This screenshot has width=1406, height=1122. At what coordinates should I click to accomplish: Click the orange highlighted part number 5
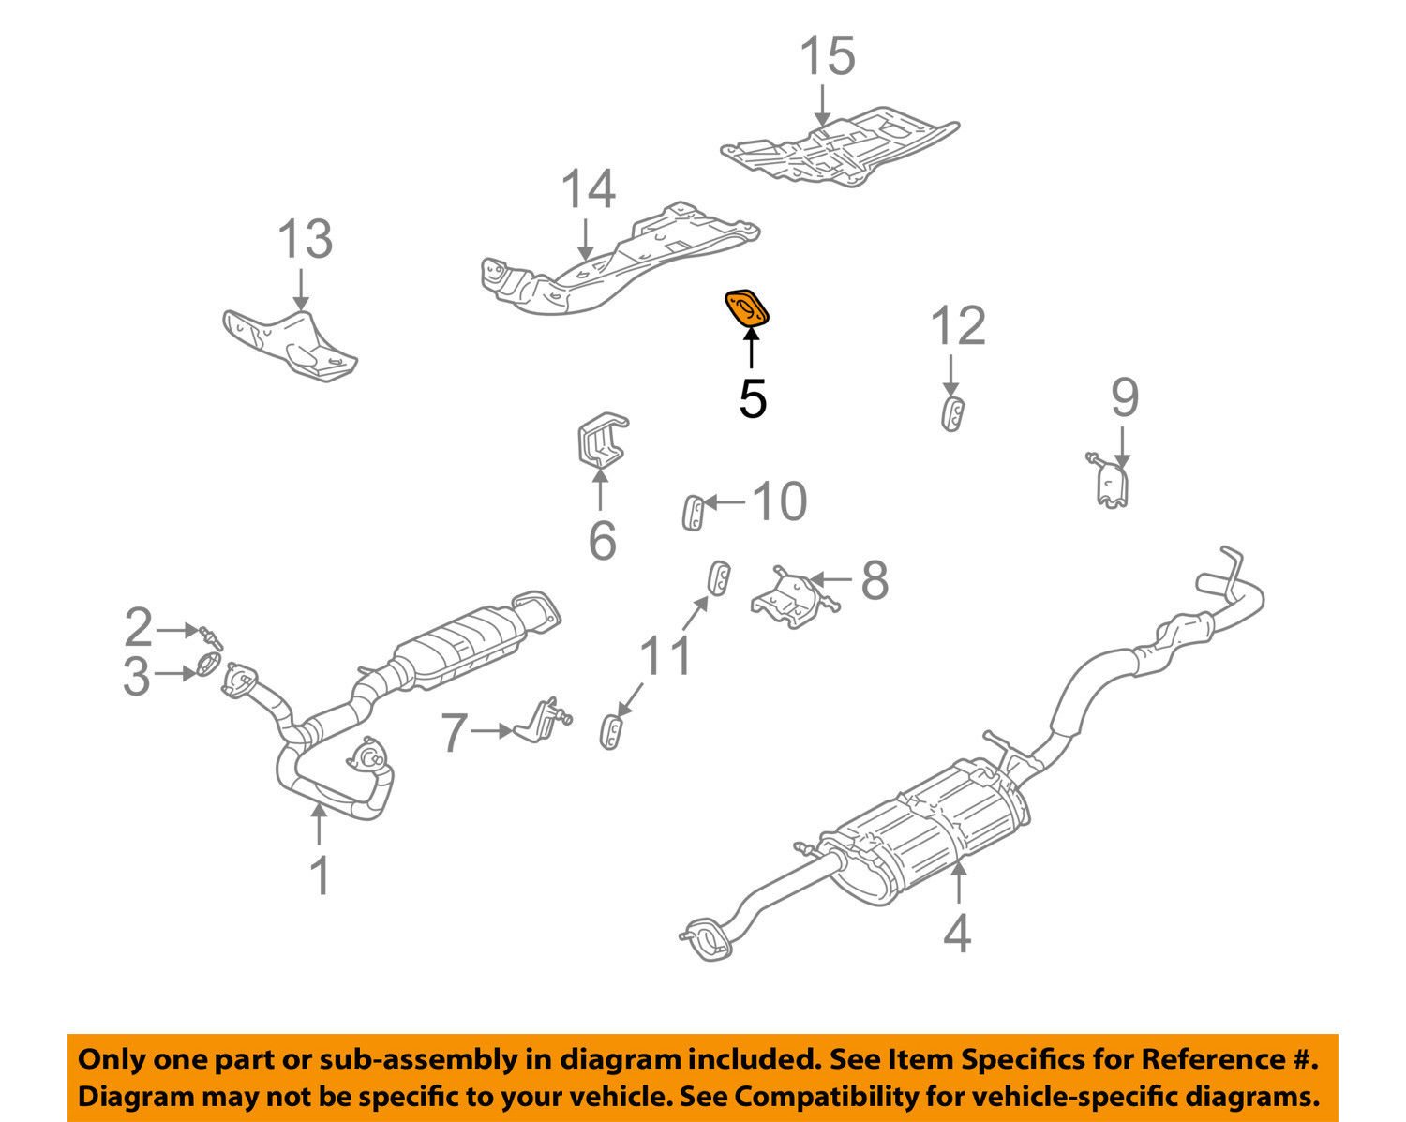click(x=747, y=308)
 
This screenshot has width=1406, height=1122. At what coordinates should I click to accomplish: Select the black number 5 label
click(x=753, y=399)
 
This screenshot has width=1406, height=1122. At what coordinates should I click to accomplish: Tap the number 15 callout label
click(x=828, y=56)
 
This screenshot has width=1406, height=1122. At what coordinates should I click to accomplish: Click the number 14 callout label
click(x=588, y=189)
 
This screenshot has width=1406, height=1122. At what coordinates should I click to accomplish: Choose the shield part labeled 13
click(x=291, y=342)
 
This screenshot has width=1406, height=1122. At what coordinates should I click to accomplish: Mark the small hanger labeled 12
click(x=952, y=413)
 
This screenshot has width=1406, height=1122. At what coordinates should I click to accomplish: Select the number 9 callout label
click(x=1125, y=397)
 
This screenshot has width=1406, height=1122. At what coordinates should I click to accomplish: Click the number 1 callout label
click(x=320, y=875)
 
